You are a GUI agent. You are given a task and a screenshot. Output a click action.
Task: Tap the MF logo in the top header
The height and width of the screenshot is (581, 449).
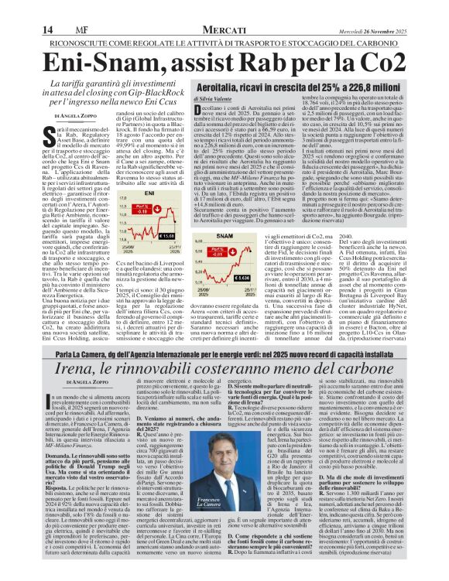pos(56,8)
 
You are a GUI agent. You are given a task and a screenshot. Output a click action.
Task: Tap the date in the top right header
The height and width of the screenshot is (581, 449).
pos(398,9)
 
